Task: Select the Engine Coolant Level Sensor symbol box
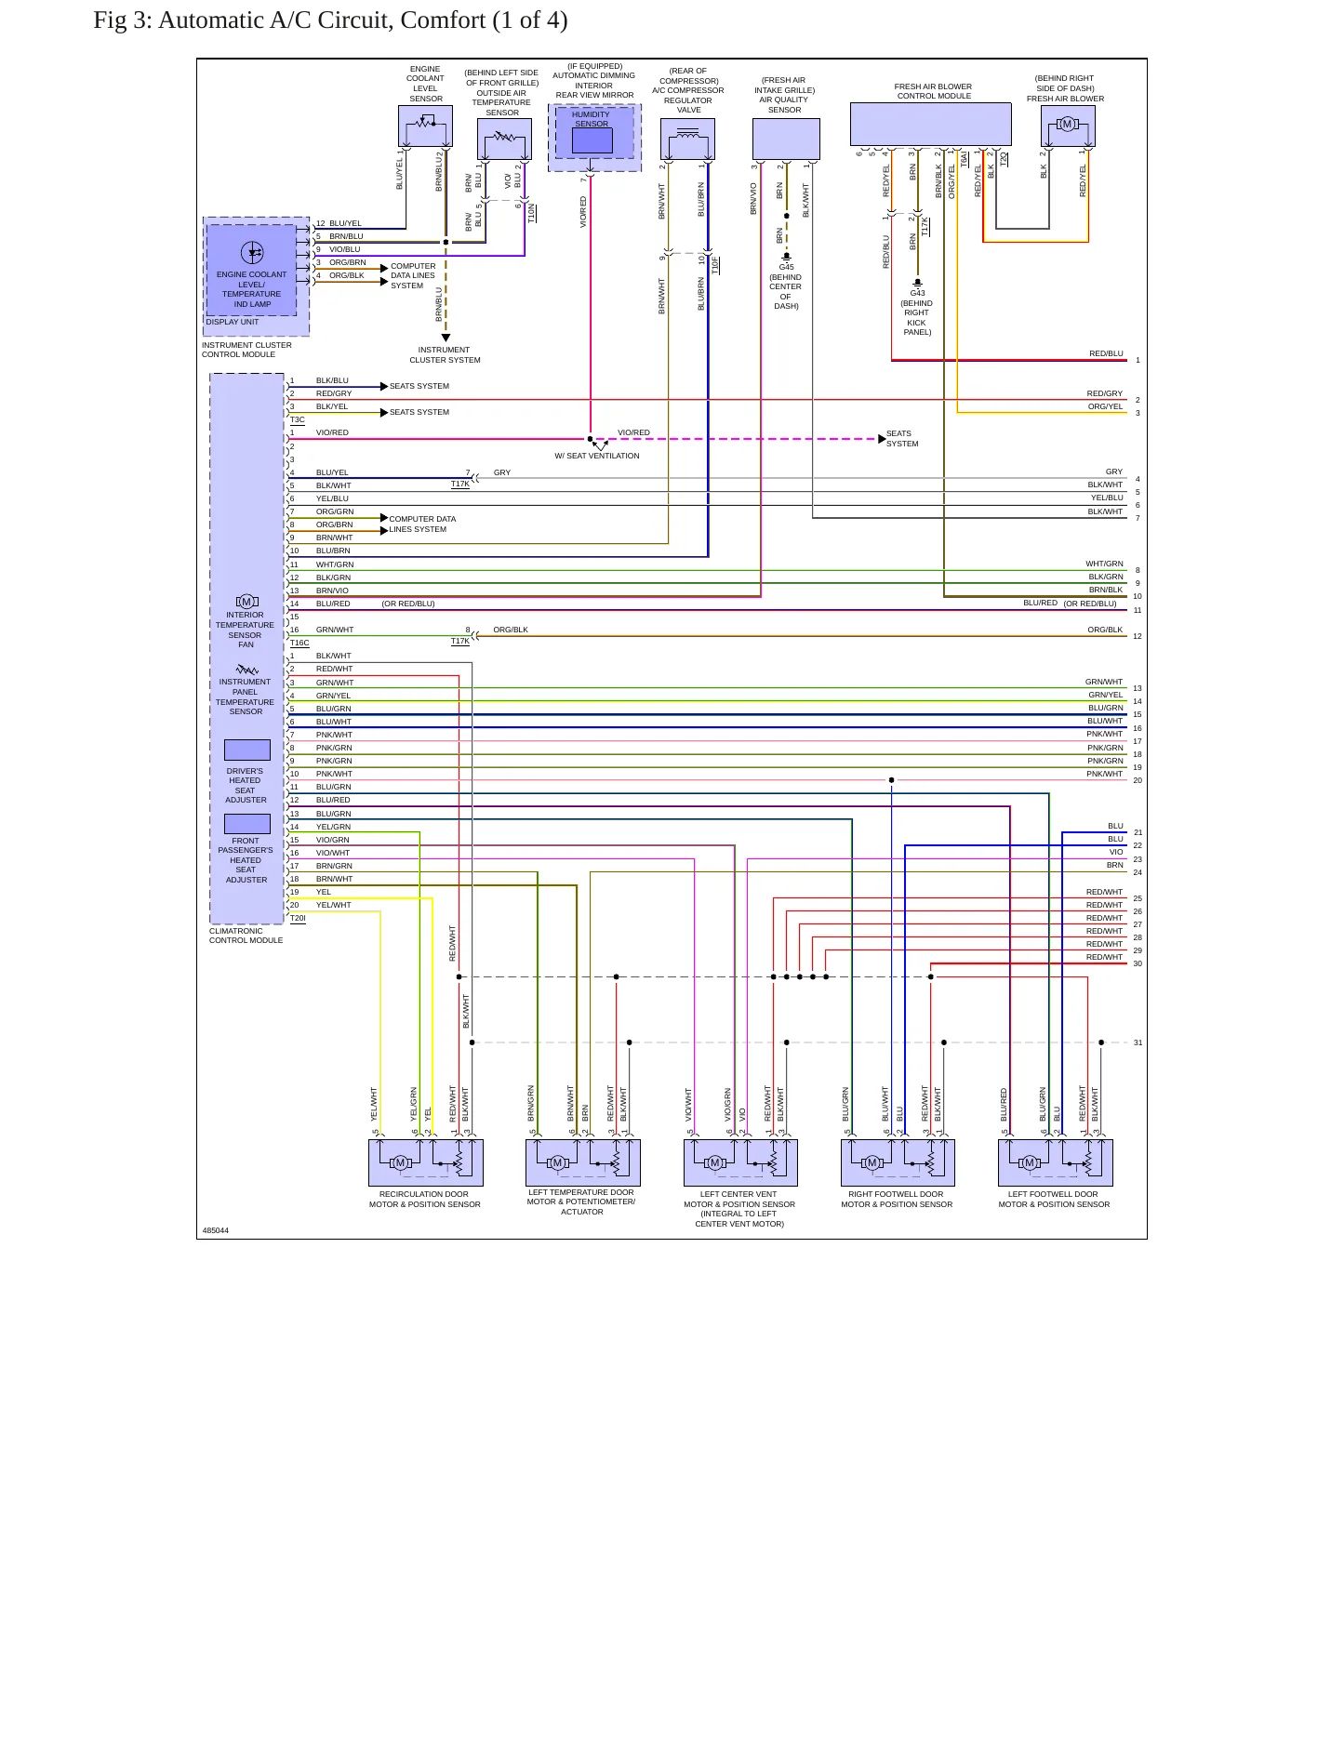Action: [425, 126]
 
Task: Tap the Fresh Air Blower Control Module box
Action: [930, 124]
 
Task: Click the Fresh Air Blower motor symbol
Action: [1067, 124]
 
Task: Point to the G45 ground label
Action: [787, 267]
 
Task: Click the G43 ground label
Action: [918, 293]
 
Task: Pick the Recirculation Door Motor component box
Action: [426, 1162]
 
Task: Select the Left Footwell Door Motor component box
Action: [1056, 1162]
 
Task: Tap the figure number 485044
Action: [216, 1230]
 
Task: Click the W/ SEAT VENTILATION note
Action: [597, 456]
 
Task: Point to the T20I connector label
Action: [298, 918]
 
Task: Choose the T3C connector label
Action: [298, 419]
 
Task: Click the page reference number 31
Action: [1138, 1042]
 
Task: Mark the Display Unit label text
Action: [233, 322]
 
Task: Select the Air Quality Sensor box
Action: [786, 139]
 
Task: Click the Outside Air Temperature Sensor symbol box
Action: [505, 139]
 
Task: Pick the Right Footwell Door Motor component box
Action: [898, 1162]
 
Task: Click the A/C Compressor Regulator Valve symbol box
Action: [688, 139]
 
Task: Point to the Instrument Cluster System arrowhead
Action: [446, 338]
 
